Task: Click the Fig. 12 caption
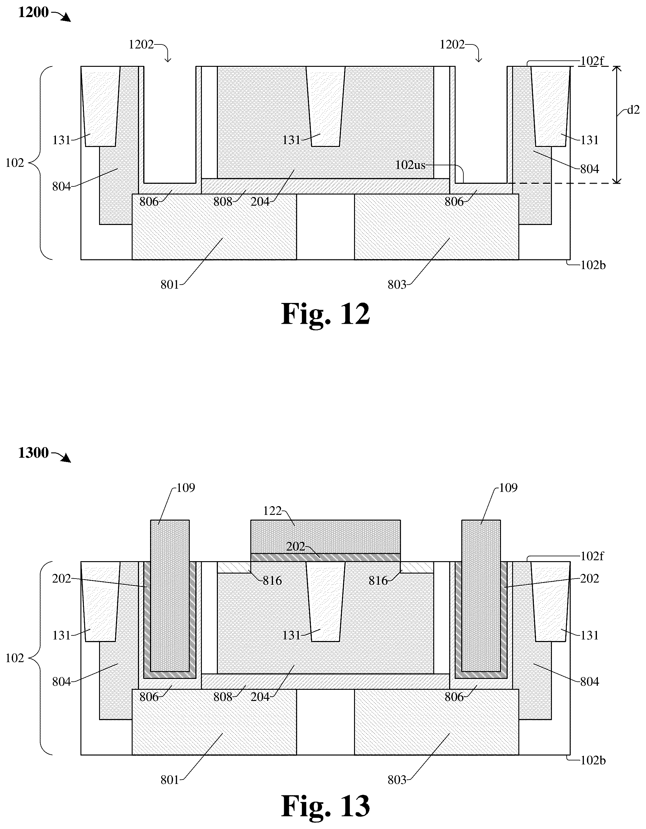coord(325,314)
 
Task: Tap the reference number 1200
coord(33,12)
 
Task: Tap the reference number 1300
coord(33,453)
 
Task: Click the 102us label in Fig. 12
coord(410,165)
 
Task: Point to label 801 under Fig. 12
coord(170,285)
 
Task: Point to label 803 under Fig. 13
coord(397,780)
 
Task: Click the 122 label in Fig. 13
coord(272,511)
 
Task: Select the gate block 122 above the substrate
coord(325,536)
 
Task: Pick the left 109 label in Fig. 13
coord(186,488)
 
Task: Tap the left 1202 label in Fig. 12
coord(141,45)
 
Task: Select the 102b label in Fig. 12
coord(593,265)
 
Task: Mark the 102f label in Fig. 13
coord(592,556)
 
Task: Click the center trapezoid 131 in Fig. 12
coord(325,106)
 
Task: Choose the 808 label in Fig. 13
coord(223,697)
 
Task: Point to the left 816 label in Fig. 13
coord(272,580)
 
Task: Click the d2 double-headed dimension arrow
coord(617,125)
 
